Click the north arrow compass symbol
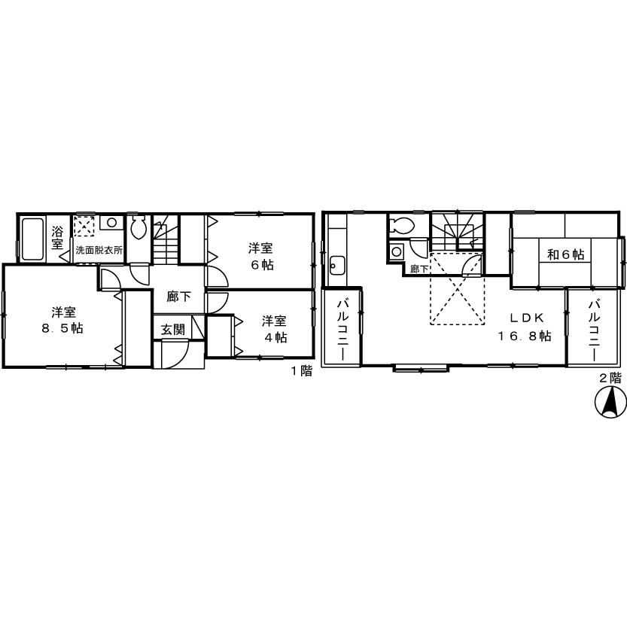click(x=611, y=403)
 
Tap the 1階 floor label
click(x=301, y=371)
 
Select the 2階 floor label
click(x=610, y=378)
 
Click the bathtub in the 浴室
click(x=32, y=239)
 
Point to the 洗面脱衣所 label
click(x=98, y=250)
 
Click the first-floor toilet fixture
click(x=138, y=227)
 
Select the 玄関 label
click(x=173, y=330)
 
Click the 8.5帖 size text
click(x=62, y=329)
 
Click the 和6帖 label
click(x=565, y=254)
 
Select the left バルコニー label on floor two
click(x=342, y=329)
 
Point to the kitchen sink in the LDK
click(x=336, y=265)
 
